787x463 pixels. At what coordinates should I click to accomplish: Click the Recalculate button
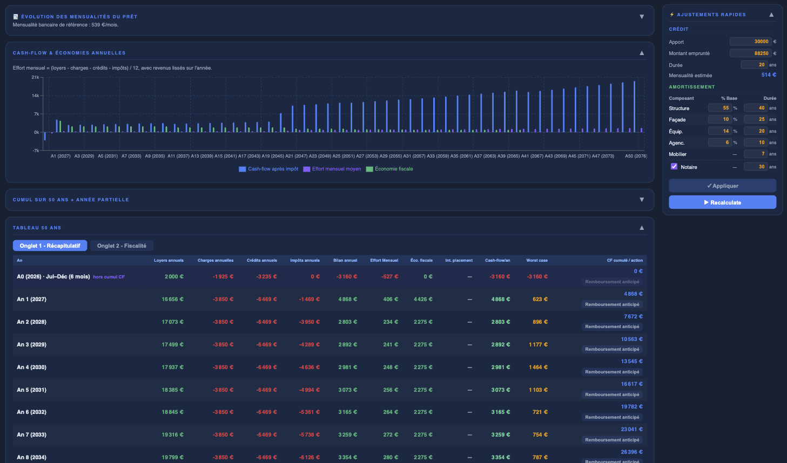click(x=722, y=202)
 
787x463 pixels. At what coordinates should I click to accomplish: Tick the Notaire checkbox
click(x=674, y=167)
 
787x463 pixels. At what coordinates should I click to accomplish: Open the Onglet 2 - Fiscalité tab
click(x=122, y=246)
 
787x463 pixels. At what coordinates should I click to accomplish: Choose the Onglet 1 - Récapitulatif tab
click(x=50, y=246)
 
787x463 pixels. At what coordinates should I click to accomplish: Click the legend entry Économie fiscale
click(x=393, y=169)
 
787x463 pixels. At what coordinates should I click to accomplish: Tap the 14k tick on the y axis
click(x=35, y=96)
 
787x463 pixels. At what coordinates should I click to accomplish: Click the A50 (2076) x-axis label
click(x=635, y=156)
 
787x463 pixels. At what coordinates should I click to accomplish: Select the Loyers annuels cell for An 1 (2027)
click(x=172, y=299)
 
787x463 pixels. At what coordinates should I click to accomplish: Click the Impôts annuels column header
click(x=305, y=260)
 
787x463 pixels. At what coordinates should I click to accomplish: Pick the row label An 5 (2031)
click(x=31, y=390)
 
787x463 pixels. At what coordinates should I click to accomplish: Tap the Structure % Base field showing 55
click(x=719, y=108)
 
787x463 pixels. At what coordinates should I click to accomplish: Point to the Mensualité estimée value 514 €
click(x=768, y=75)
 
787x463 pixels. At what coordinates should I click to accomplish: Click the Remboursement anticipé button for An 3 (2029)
click(x=612, y=349)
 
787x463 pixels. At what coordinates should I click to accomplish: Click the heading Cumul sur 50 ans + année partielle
click(x=71, y=200)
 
